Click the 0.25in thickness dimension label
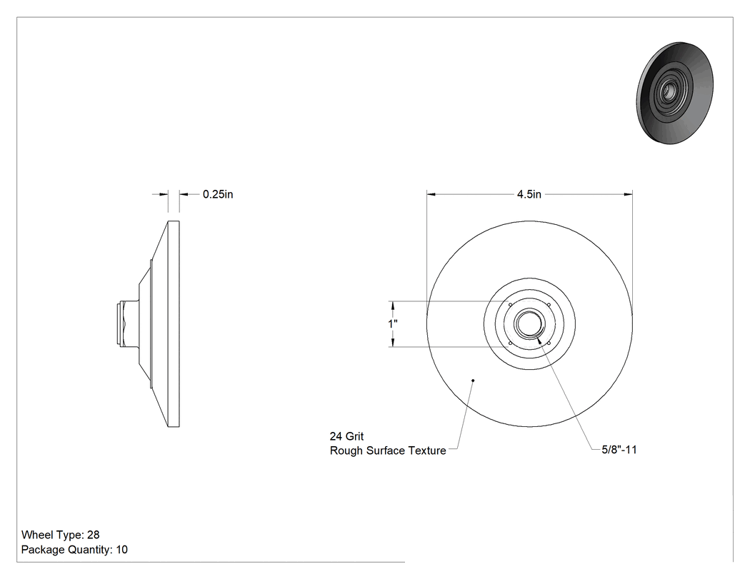pos(218,194)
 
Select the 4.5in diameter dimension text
pos(529,194)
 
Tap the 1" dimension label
pos(393,323)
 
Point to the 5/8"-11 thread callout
pos(619,450)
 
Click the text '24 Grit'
pos(346,436)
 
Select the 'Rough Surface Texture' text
pos(388,450)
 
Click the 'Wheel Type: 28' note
pos(60,535)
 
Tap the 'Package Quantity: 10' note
pos(74,549)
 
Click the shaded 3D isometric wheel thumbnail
pos(675,93)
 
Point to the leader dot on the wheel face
pos(473,381)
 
